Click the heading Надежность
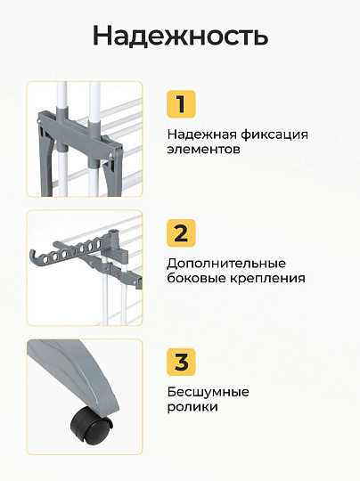(180, 36)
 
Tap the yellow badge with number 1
(181, 104)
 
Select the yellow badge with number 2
(181, 232)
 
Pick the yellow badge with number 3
(181, 362)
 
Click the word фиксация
(274, 135)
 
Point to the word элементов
(203, 150)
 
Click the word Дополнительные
(226, 264)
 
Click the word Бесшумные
(209, 392)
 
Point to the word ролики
(192, 407)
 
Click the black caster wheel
(91, 425)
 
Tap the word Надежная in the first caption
(201, 135)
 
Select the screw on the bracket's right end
(112, 155)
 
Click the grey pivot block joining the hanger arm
(118, 250)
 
